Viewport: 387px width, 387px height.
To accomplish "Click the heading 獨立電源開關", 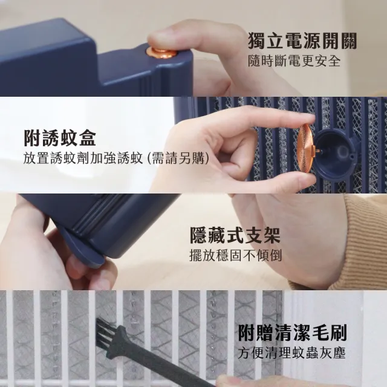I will (302, 41).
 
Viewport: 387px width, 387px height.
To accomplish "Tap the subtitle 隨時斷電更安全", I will (294, 62).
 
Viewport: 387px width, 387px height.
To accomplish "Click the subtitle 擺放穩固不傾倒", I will (235, 255).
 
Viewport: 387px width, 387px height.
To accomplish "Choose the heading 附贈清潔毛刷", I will (292, 332).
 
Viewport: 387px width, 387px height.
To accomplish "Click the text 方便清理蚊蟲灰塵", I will (292, 353).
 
